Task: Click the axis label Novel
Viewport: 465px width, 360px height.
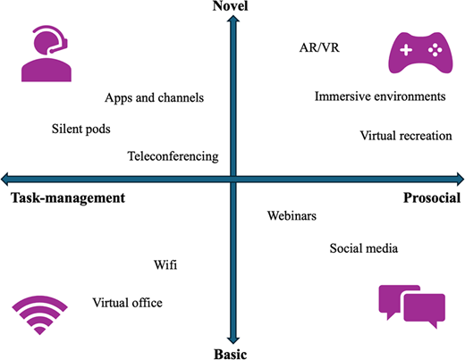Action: pos(230,6)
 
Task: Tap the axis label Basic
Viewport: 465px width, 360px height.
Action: pos(231,355)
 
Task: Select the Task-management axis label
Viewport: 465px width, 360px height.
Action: pos(68,198)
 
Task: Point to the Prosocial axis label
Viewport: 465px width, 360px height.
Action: pos(432,197)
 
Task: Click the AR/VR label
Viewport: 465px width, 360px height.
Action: pos(319,47)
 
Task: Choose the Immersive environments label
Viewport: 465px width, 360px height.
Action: pos(380,96)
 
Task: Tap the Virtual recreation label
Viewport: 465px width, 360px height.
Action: pos(406,136)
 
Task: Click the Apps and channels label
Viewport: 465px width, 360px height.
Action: pos(154,98)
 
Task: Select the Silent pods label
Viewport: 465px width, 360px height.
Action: pos(81,130)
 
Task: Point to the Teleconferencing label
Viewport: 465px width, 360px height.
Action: pos(173,156)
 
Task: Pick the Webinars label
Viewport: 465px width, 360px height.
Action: pos(292,215)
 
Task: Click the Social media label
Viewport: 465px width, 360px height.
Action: pos(363,248)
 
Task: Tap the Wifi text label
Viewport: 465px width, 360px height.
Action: pos(165,264)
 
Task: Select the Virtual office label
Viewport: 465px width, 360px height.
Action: pos(127,303)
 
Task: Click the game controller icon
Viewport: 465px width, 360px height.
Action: pos(420,53)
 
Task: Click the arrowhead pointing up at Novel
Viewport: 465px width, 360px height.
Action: pos(233,19)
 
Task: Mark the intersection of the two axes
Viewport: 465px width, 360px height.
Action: pos(233,180)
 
